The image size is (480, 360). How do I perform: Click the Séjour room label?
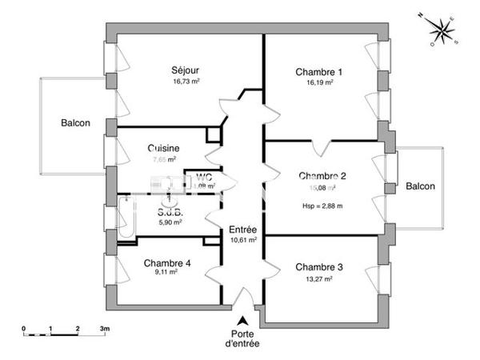point(185,70)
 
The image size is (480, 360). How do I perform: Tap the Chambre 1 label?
point(318,72)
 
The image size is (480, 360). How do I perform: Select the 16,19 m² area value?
point(318,82)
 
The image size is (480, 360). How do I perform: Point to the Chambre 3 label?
point(318,267)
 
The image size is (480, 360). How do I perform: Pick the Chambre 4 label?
point(167,262)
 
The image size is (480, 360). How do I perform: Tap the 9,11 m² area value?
point(166,272)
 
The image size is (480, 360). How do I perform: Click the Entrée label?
point(242,229)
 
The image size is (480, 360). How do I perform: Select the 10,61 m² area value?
point(242,239)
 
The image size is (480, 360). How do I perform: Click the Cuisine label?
point(162,148)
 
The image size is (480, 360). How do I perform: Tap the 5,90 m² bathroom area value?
point(170,222)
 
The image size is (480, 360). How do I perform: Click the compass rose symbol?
point(439,30)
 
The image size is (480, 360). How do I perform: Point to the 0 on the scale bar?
point(24,329)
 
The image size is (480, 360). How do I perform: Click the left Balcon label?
point(76,124)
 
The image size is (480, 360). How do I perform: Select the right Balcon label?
point(420,186)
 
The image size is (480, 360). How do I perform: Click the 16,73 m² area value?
point(185,81)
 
